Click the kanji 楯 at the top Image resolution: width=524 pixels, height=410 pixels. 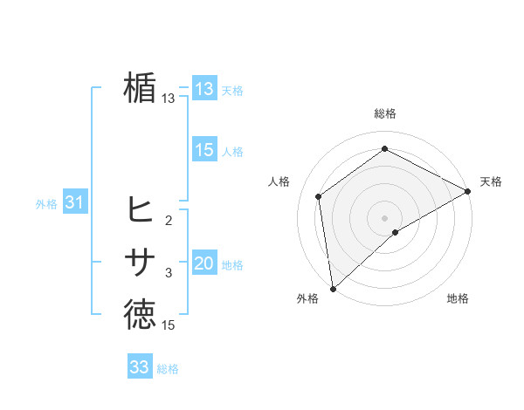[141, 89]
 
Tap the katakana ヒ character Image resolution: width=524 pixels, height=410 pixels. [141, 208]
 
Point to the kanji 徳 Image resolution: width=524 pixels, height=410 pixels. [141, 315]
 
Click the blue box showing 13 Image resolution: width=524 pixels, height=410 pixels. [203, 89]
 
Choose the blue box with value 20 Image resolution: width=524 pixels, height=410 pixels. [203, 263]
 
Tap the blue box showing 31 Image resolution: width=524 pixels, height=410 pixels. [74, 203]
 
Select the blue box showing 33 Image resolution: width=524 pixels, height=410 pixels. [139, 367]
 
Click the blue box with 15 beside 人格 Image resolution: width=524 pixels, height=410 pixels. [203, 150]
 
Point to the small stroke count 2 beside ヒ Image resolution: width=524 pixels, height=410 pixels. [169, 220]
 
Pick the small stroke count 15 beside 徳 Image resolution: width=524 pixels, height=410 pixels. [169, 325]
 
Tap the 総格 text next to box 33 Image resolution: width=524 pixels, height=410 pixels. [168, 369]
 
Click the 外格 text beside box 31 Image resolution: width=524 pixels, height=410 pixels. [46, 204]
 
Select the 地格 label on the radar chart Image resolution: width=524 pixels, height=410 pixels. [458, 298]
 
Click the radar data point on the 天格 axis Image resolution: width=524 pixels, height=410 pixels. [468, 192]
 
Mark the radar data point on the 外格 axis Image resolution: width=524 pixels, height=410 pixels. [333, 288]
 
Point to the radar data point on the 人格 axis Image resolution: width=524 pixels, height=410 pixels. [319, 196]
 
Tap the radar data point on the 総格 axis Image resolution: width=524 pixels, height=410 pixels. [384, 148]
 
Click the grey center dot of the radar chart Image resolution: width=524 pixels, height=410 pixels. [384, 217]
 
